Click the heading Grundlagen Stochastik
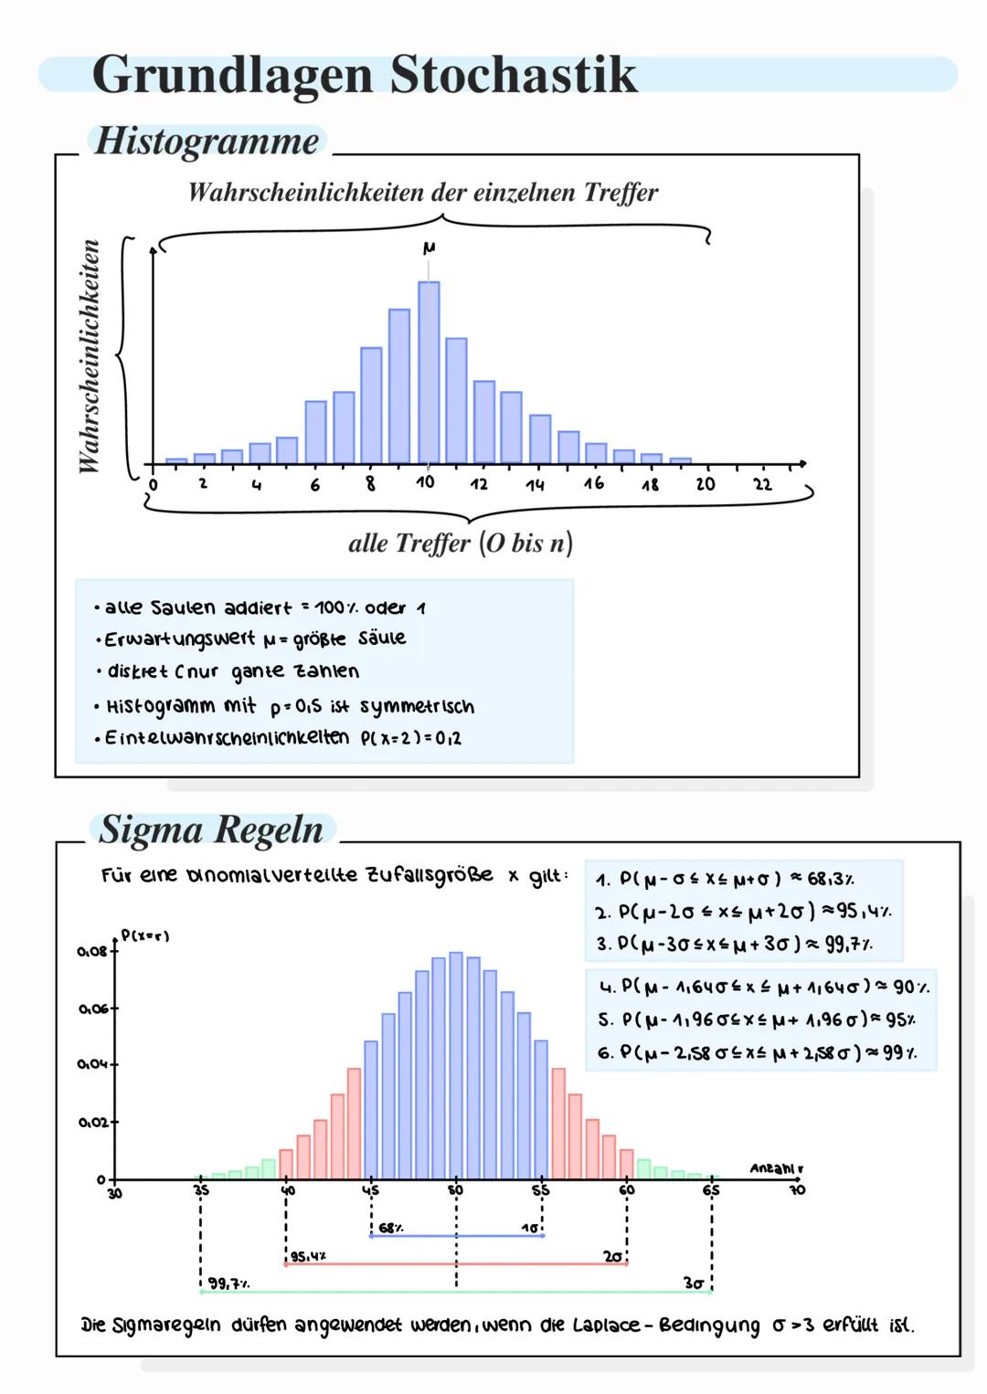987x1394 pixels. [364, 75]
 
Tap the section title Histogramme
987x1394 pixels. [207, 142]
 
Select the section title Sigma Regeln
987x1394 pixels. [211, 830]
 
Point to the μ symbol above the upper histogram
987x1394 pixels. [429, 248]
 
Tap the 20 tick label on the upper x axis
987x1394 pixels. [706, 483]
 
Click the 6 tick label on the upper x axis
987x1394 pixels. [315, 484]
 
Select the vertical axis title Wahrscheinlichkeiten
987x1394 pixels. [90, 356]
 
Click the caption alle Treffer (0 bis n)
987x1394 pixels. [461, 544]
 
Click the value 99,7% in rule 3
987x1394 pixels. [849, 945]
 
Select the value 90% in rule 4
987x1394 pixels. [908, 987]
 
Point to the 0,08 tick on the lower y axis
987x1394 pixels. [90, 951]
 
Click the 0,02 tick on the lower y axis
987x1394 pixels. [90, 1121]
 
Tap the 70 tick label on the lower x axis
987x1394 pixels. [797, 1191]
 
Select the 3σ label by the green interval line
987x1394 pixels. [693, 1283]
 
